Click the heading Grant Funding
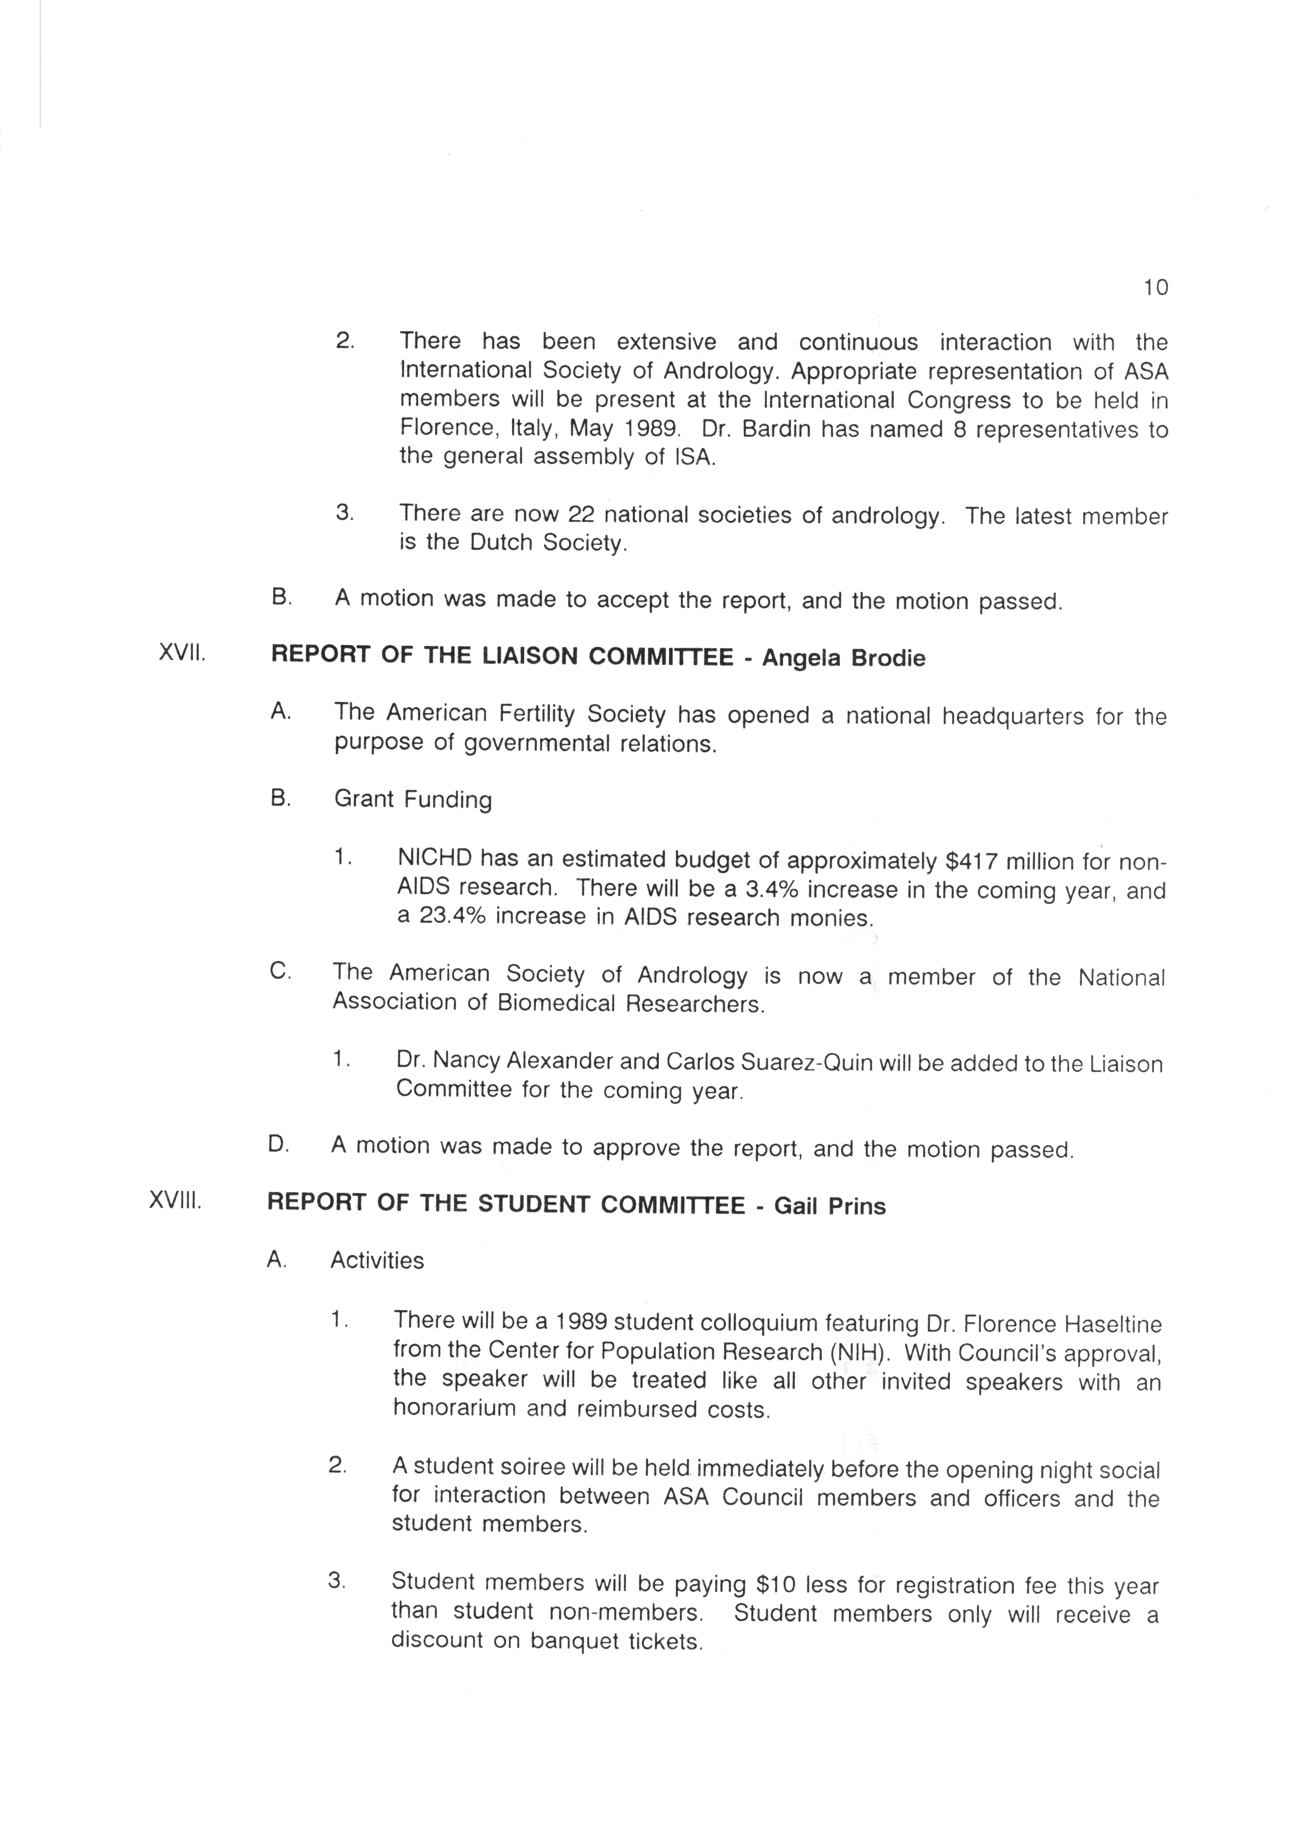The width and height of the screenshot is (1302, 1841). pyautogui.click(x=413, y=799)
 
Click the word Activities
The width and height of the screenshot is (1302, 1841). pyautogui.click(x=377, y=1261)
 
